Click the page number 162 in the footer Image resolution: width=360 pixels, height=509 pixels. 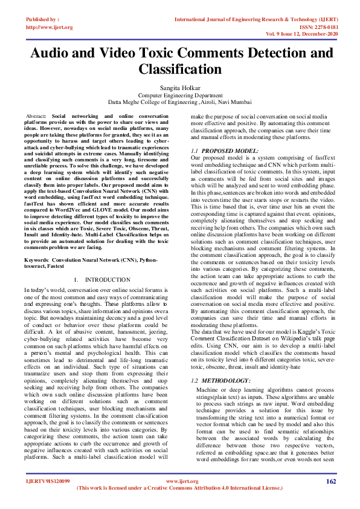tap(331, 498)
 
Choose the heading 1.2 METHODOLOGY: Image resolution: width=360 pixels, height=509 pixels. tap(220, 381)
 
